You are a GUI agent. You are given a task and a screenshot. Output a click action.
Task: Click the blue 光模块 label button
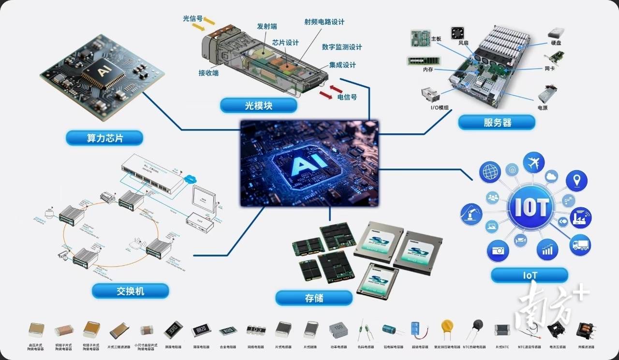click(251, 106)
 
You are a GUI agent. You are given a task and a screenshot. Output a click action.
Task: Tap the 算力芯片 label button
click(105, 138)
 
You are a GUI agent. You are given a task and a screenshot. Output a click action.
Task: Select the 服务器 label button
click(497, 122)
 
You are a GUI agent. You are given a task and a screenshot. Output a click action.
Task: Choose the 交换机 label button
click(131, 291)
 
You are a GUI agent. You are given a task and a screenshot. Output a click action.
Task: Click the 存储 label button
click(314, 298)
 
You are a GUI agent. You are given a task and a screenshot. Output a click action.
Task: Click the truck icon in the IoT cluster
click(580, 245)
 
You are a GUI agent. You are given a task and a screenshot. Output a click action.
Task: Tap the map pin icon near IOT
click(576, 181)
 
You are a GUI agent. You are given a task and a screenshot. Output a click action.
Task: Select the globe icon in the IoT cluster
click(490, 173)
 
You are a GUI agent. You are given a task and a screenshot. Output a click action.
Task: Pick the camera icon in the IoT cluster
click(498, 250)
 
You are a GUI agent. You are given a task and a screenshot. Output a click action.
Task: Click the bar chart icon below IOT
click(547, 250)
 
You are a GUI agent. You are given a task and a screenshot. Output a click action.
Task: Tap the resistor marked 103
click(256, 331)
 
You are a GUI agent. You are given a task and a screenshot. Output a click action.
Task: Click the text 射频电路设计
click(324, 22)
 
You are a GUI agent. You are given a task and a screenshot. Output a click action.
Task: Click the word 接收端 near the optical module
click(208, 73)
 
